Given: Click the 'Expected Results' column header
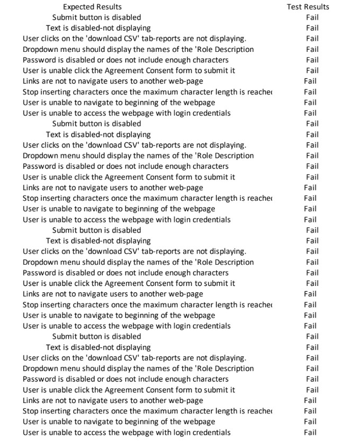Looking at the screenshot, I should pyautogui.click(x=92, y=7).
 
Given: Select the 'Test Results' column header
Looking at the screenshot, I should pyautogui.click(x=308, y=7).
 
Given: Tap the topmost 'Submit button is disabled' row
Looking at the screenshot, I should pyautogui.click(x=96, y=17).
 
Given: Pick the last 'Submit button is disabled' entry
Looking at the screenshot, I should pyautogui.click(x=96, y=336).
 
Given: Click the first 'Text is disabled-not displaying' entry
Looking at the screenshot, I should pyautogui.click(x=98, y=28).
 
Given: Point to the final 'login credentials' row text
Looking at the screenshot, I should pyautogui.click(x=127, y=432).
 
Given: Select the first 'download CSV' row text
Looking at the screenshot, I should pyautogui.click(x=134, y=39).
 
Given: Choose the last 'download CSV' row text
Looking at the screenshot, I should pyautogui.click(x=134, y=358).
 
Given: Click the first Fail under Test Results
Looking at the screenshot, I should pyautogui.click(x=312, y=17).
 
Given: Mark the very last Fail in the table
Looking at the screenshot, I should pyautogui.click(x=310, y=432).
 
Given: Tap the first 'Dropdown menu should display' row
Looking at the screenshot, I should pyautogui.click(x=138, y=49).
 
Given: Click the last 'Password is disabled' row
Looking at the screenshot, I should pyautogui.click(x=125, y=379).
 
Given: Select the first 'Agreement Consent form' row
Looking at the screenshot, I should pyautogui.click(x=129, y=70).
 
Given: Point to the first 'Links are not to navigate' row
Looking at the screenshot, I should pyautogui.click(x=113, y=81).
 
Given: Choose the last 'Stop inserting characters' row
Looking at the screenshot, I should pyautogui.click(x=147, y=411).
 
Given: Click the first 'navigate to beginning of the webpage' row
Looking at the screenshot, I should pyautogui.click(x=119, y=102).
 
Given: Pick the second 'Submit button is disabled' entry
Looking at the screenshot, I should pyautogui.click(x=96, y=124).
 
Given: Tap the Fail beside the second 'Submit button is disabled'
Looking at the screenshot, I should pyautogui.click(x=312, y=124).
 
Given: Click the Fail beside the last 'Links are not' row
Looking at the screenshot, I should pyautogui.click(x=310, y=400).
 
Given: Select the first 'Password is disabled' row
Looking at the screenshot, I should pyautogui.click(x=125, y=60).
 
